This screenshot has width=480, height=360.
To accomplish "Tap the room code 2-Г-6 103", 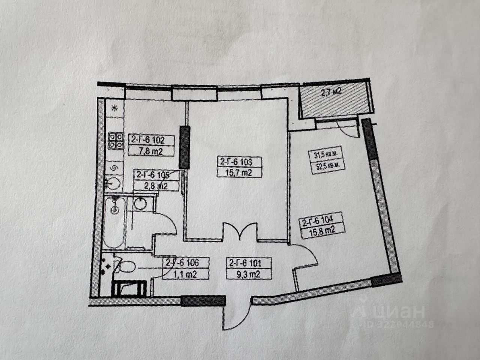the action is [x=236, y=162].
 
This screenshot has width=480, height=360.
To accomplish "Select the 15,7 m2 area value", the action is [x=236, y=173].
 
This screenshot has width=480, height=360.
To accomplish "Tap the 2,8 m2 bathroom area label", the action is [x=152, y=185].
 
